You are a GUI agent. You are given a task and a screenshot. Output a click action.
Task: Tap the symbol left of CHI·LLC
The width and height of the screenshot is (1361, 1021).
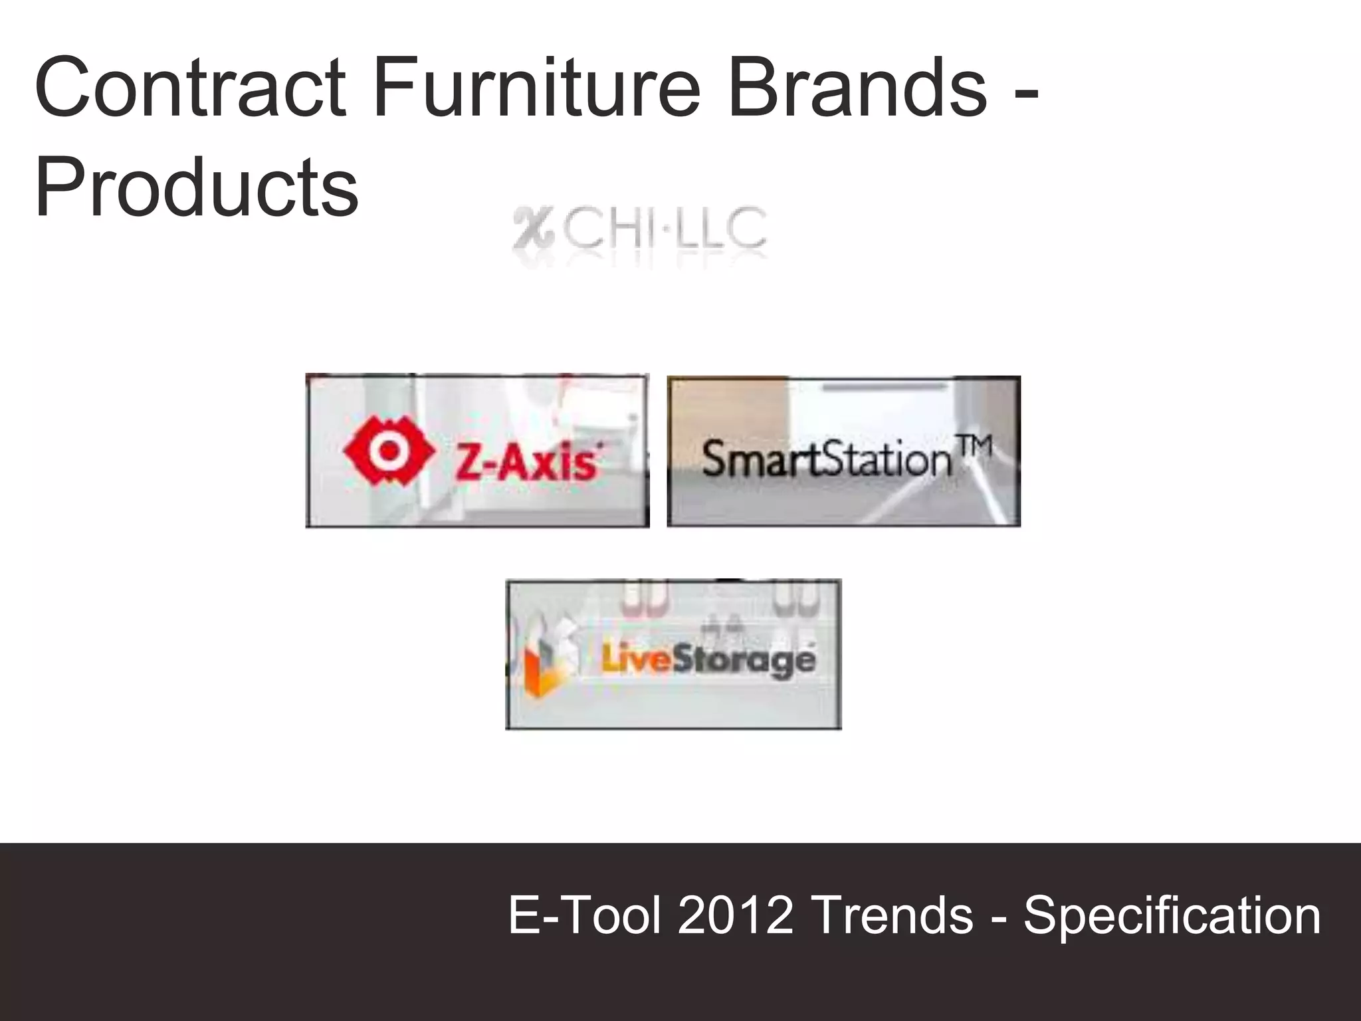pos(532,229)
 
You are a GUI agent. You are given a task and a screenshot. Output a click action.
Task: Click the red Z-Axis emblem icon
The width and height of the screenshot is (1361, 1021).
pos(389,451)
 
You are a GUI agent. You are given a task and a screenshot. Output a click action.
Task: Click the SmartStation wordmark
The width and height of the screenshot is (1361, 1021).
pos(827,459)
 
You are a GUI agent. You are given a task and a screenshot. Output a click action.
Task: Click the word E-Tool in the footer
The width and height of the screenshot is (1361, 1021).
pos(585,915)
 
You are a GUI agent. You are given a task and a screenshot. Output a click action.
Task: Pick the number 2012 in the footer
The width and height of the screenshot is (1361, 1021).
pos(736,915)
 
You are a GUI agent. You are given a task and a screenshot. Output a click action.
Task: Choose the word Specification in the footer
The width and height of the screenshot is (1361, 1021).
pos(1172,915)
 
